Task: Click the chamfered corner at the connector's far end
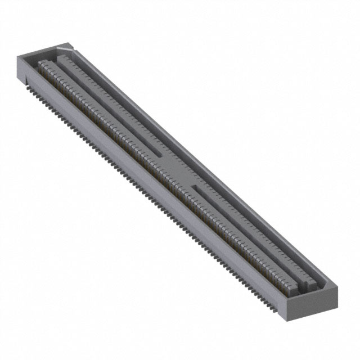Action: click(69, 46)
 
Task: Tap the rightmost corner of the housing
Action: click(337, 287)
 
